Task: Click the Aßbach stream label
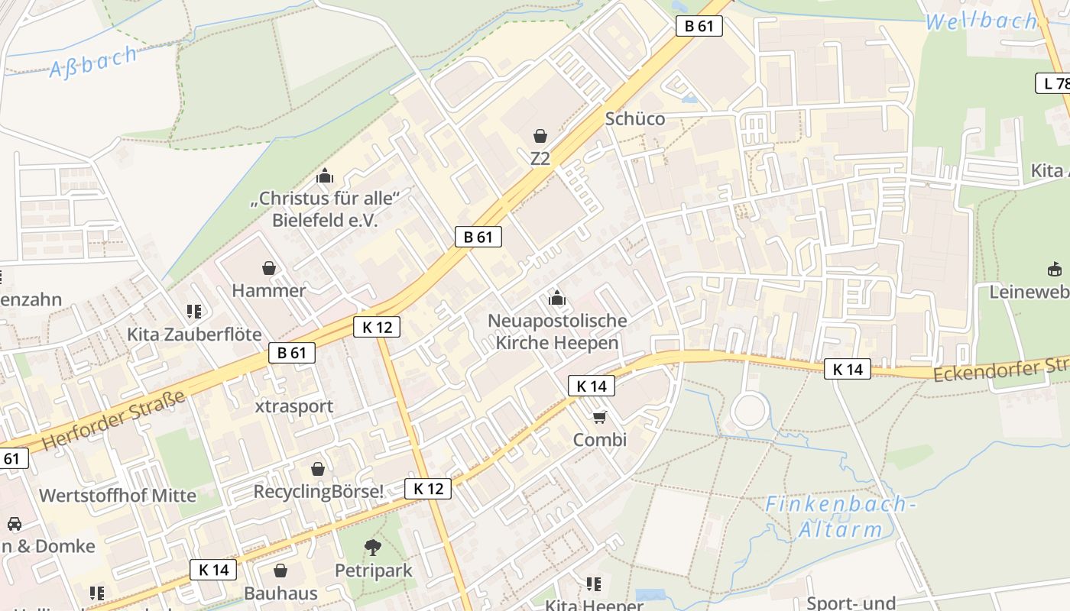click(94, 61)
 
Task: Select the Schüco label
click(634, 118)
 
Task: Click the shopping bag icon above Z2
click(540, 136)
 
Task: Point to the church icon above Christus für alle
click(325, 176)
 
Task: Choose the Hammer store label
click(268, 290)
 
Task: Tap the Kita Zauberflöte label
click(194, 335)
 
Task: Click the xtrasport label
click(294, 406)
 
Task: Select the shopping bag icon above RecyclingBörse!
click(318, 469)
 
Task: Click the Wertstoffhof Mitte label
click(118, 495)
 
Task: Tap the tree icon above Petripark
click(373, 547)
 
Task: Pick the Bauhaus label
click(280, 593)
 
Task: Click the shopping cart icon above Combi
click(600, 417)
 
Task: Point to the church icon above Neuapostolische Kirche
click(556, 298)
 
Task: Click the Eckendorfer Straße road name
click(1001, 370)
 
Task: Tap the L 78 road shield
click(1053, 83)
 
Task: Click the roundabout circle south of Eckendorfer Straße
click(751, 411)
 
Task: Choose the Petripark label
click(373, 571)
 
